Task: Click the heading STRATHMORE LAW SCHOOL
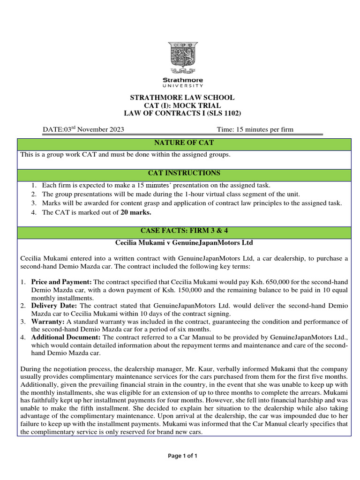click(182, 97)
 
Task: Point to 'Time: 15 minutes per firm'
click(255, 130)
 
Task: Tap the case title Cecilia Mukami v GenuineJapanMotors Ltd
click(184, 243)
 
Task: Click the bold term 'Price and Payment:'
click(61, 283)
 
